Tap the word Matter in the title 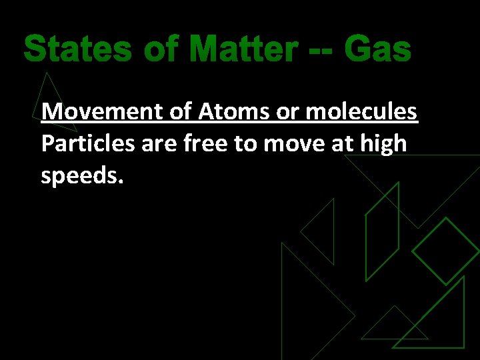[x=243, y=49]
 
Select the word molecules [x=361, y=111]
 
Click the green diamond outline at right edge [x=446, y=251]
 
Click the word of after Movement [x=181, y=111]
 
